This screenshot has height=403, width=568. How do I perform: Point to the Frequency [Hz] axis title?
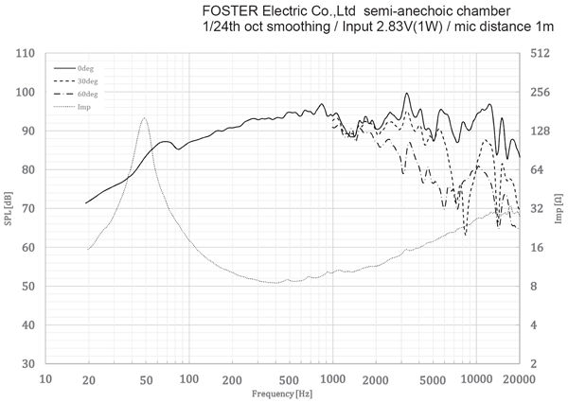click(x=282, y=392)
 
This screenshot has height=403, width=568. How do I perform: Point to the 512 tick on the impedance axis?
click(x=541, y=54)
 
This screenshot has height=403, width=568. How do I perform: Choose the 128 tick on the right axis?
click(x=541, y=131)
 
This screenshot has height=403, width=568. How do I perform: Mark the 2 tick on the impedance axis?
click(x=536, y=364)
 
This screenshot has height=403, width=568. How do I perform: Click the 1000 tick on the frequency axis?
click(x=332, y=378)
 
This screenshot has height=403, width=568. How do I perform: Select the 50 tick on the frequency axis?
click(x=145, y=378)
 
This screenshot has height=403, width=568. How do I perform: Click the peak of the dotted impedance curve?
click(x=144, y=118)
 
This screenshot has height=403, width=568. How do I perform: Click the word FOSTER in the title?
click(x=226, y=10)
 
